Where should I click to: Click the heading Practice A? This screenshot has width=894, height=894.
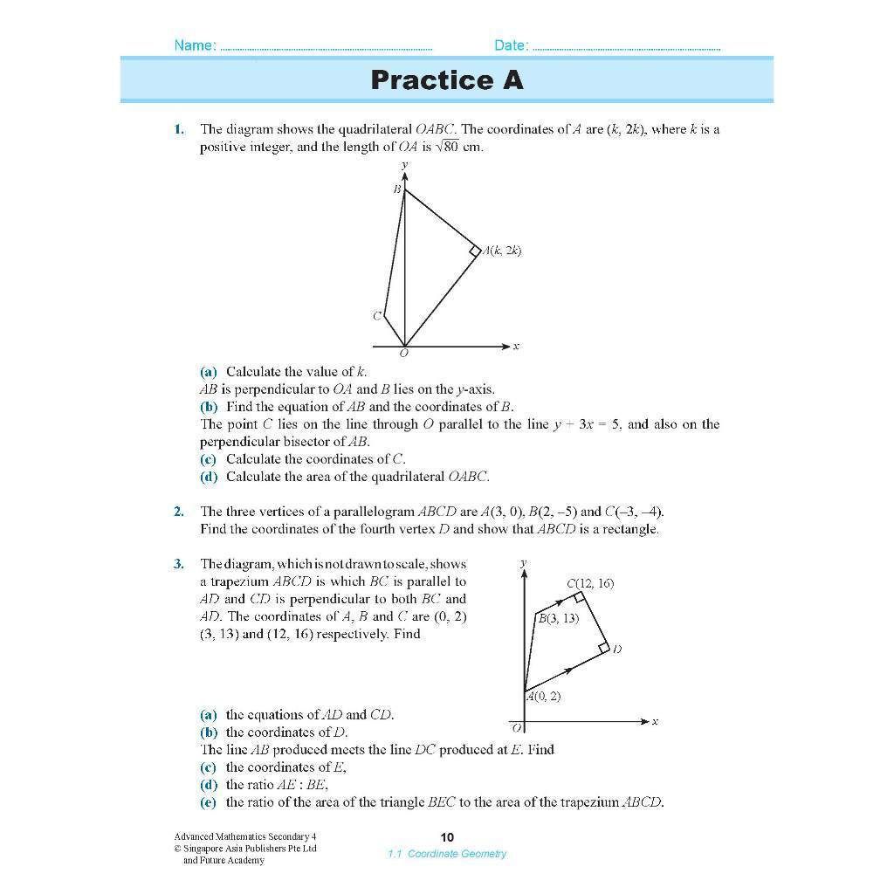pyautogui.click(x=446, y=80)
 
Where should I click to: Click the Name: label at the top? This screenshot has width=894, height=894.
pyautogui.click(x=196, y=45)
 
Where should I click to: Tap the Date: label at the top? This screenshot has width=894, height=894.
pyautogui.click(x=511, y=45)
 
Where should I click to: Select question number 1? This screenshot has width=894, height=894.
pyautogui.click(x=178, y=129)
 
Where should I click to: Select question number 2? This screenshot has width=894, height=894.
pyautogui.click(x=178, y=512)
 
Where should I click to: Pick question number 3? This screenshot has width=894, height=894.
pyautogui.click(x=178, y=564)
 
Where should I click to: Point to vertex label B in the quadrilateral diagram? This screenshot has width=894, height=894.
pyautogui.click(x=396, y=189)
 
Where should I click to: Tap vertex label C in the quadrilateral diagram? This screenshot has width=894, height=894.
pyautogui.click(x=377, y=316)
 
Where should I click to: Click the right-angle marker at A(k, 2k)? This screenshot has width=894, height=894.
pyautogui.click(x=475, y=251)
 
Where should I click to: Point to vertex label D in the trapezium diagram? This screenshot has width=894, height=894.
pyautogui.click(x=616, y=649)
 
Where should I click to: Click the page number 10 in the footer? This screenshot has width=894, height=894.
pyautogui.click(x=447, y=837)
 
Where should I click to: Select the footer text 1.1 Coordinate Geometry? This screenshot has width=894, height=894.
pyautogui.click(x=447, y=854)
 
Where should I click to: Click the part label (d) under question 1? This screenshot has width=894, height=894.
pyautogui.click(x=208, y=477)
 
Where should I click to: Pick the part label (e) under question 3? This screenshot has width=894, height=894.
pyautogui.click(x=208, y=801)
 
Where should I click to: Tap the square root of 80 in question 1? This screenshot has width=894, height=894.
pyautogui.click(x=447, y=147)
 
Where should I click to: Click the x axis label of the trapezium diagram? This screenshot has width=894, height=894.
pyautogui.click(x=655, y=721)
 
